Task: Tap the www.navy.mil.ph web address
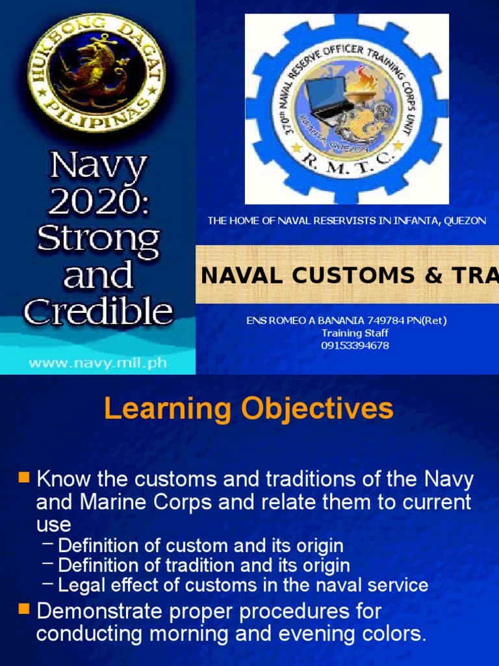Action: click(x=98, y=362)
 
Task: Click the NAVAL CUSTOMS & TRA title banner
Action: click(x=348, y=275)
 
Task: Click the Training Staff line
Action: click(x=346, y=333)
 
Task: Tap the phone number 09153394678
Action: click(x=346, y=345)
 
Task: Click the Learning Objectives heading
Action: click(x=249, y=409)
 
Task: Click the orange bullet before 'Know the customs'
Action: click(x=25, y=478)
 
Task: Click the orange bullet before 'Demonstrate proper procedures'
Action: click(x=25, y=609)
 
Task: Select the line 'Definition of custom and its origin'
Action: click(x=201, y=545)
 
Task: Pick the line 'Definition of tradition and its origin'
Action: click(x=204, y=565)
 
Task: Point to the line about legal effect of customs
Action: click(x=243, y=585)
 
